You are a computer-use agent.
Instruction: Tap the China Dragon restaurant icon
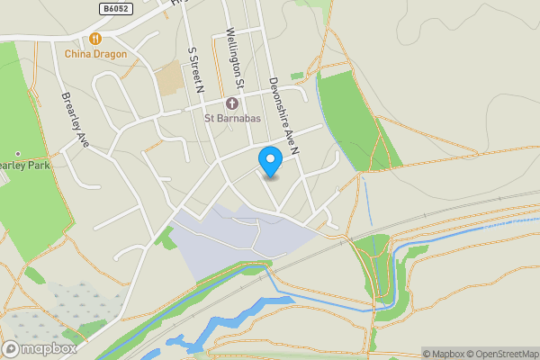[94, 40]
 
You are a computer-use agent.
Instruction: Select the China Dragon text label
[94, 54]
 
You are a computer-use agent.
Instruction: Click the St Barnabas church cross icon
[231, 103]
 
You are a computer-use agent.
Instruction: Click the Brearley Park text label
[25, 166]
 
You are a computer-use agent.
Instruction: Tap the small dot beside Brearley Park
[17, 155]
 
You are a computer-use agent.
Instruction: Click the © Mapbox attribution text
[446, 354]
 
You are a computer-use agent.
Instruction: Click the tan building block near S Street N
[168, 80]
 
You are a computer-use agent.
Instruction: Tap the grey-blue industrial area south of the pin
[225, 238]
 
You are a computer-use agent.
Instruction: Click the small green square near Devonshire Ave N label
[297, 76]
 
